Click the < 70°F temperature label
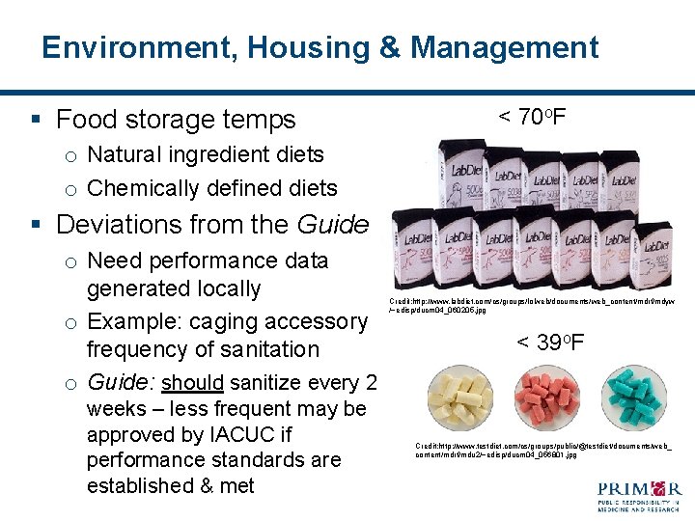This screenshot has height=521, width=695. [531, 119]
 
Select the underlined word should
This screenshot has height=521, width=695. [193, 383]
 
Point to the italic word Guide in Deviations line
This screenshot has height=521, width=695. [333, 225]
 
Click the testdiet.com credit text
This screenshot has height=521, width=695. [542, 450]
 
